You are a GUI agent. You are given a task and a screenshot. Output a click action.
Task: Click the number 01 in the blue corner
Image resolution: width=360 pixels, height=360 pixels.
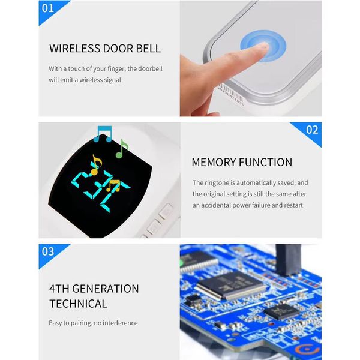point(48,8)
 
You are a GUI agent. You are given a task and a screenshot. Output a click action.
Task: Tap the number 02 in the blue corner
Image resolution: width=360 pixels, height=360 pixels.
point(312,130)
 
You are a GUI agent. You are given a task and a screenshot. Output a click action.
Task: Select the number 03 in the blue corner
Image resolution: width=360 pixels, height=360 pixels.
point(48,251)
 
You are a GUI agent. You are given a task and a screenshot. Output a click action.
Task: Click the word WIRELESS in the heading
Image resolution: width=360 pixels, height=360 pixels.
point(74,49)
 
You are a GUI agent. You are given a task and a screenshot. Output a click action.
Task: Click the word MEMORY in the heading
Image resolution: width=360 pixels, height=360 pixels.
point(214,163)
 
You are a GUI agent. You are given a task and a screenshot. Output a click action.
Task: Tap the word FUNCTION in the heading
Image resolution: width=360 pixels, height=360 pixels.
point(265,163)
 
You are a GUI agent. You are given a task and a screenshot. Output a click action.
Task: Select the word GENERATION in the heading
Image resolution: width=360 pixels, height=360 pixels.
point(106,289)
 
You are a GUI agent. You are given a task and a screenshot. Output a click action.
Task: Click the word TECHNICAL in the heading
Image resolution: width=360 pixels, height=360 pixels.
point(78,304)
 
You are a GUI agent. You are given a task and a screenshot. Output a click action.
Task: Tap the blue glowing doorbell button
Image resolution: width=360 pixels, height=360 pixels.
point(263,46)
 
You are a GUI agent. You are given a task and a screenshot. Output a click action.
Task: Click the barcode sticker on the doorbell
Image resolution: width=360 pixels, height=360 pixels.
point(231,94)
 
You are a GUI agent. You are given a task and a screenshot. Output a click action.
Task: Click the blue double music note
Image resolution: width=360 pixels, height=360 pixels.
point(103,134)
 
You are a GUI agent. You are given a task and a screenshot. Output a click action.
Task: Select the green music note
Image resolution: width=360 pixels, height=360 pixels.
point(122,149)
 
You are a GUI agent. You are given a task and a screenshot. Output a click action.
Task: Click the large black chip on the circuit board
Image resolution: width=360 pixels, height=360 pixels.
point(231,284)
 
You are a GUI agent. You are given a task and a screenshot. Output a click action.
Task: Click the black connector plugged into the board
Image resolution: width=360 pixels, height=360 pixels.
point(288,259)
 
